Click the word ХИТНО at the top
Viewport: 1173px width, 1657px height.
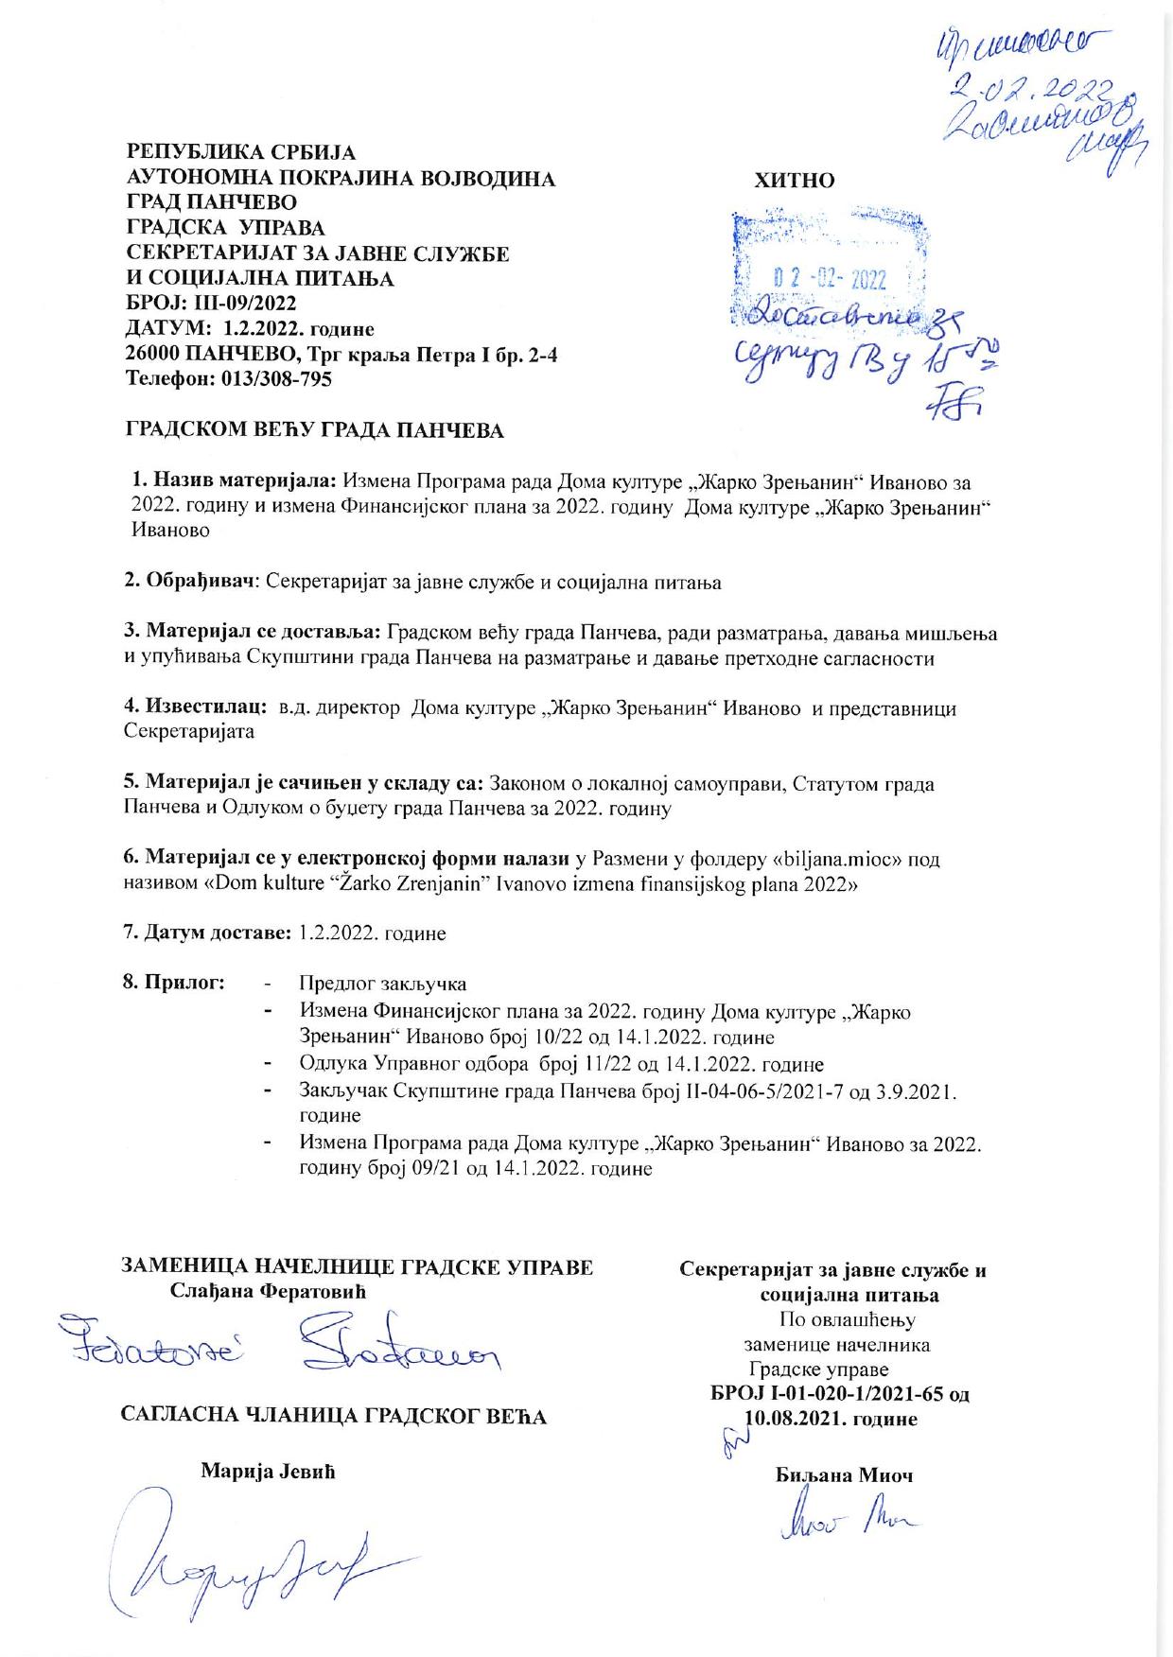(795, 180)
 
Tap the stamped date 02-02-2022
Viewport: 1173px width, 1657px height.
(830, 279)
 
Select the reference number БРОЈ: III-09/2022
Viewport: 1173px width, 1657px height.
(212, 304)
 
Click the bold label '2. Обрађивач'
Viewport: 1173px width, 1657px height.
(192, 582)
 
